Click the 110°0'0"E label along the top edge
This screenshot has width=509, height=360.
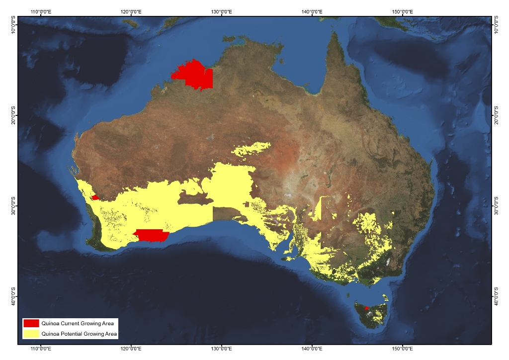tap(42, 11)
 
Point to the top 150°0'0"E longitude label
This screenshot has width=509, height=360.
tap(402, 11)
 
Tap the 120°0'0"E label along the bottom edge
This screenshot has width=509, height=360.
tap(131, 349)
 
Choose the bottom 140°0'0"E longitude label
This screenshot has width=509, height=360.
tap(312, 349)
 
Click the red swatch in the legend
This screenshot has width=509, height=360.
tap(31, 323)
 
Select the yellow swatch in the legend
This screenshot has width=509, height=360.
tap(31, 334)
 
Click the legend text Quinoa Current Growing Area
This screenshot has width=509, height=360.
tap(78, 324)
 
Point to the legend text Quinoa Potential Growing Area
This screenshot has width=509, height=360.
tap(80, 334)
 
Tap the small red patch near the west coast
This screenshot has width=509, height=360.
tap(95, 197)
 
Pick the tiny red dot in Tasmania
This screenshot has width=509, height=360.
tap(367, 308)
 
